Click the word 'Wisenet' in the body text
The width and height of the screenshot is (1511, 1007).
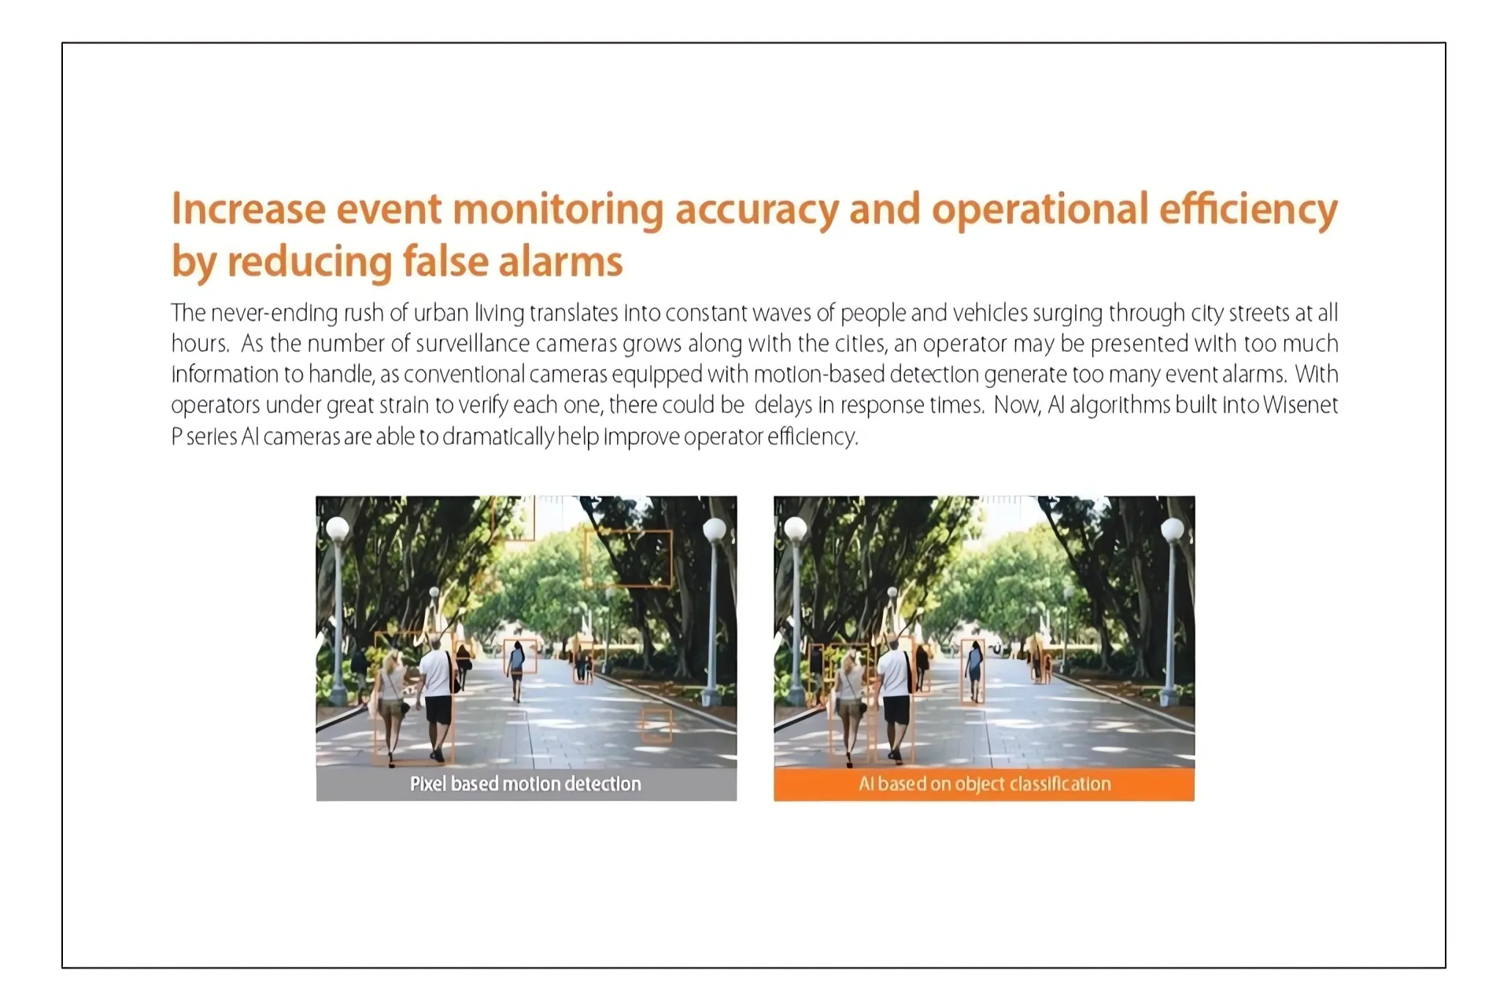pyautogui.click(x=1300, y=405)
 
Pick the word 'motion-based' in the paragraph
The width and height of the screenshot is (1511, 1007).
pyautogui.click(x=818, y=374)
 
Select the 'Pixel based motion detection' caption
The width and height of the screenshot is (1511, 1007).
pyautogui.click(x=526, y=784)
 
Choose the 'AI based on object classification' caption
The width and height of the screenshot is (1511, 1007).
pyautogui.click(x=985, y=784)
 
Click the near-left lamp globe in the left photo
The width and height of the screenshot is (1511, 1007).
pyautogui.click(x=338, y=528)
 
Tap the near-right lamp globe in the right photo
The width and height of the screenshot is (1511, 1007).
pyautogui.click(x=1173, y=530)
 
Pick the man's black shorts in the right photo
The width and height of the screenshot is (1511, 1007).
pyautogui.click(x=896, y=710)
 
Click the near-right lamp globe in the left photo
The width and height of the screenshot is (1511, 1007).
pyautogui.click(x=715, y=530)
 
